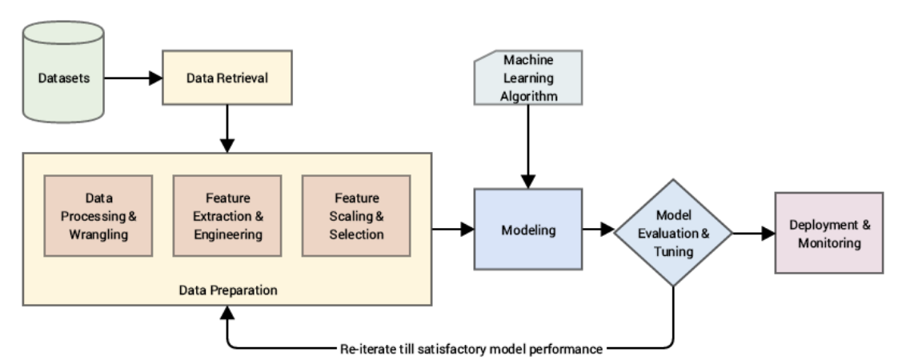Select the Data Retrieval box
227,78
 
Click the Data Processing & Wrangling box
98,215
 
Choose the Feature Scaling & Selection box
355,215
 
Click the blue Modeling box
528,230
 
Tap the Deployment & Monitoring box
829,233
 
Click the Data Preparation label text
228,290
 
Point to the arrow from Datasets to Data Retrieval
132,78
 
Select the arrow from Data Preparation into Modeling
453,230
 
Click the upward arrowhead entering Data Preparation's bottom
227,314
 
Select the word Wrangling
98,234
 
